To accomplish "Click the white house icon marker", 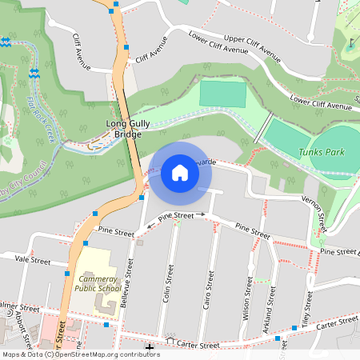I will click(180, 173).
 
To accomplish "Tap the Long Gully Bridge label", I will click(124, 129).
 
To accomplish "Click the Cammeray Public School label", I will click(98, 281).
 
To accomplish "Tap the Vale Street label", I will click(33, 261).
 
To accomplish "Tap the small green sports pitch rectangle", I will click(222, 94).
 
